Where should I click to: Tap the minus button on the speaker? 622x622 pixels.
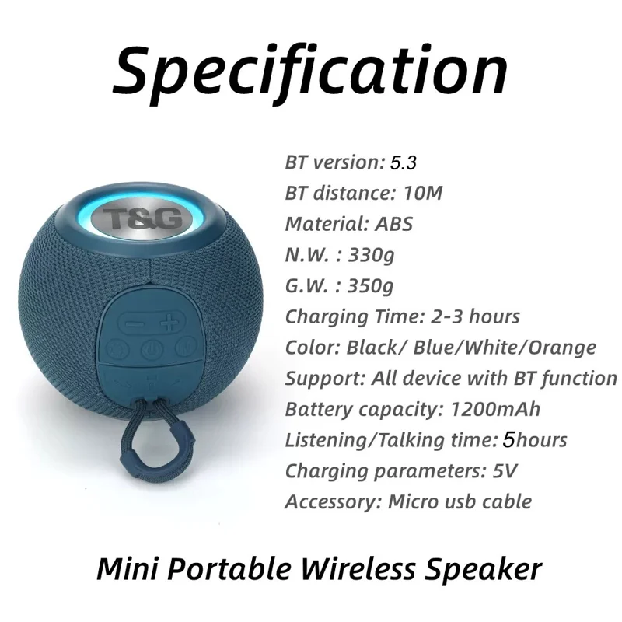point(135,323)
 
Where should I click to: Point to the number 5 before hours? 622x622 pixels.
point(508,440)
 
